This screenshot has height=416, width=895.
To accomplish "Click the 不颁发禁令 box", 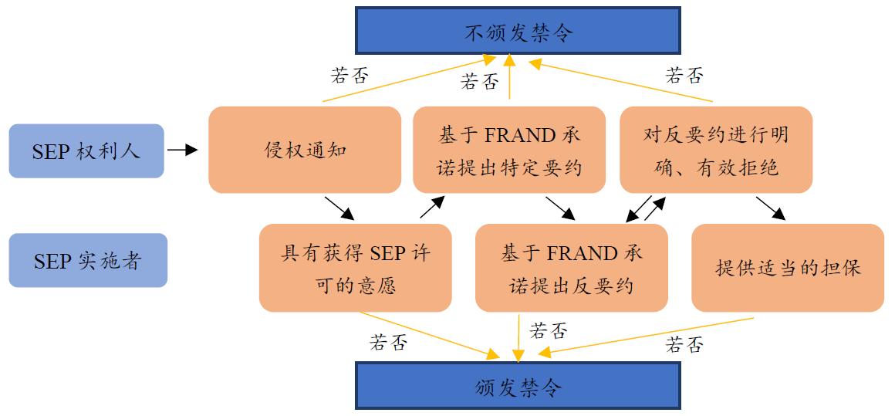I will (x=518, y=32).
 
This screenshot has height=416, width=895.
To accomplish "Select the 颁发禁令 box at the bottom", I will (x=518, y=386).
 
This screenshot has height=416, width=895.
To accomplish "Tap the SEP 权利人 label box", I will (x=86, y=151).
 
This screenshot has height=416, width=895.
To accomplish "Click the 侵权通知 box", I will (x=305, y=150).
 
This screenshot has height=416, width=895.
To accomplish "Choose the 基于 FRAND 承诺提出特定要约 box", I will (x=509, y=150).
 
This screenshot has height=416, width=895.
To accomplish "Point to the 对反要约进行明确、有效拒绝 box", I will (x=716, y=150).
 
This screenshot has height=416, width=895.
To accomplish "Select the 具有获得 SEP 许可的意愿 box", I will (x=356, y=268).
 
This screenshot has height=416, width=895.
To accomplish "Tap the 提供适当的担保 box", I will (x=788, y=268).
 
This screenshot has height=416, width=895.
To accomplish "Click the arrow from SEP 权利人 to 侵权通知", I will (x=183, y=151).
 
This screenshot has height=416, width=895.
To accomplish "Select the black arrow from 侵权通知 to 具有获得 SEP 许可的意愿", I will (x=339, y=208).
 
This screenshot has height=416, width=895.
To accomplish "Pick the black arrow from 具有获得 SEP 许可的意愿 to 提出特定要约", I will (x=433, y=208).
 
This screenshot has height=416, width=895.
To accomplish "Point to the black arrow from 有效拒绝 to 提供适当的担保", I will (x=771, y=208).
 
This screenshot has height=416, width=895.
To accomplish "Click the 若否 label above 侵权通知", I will (x=350, y=76).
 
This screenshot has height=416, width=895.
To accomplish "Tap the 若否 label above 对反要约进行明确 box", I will (x=684, y=76).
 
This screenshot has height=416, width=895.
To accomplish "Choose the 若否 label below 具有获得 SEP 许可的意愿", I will (x=388, y=342).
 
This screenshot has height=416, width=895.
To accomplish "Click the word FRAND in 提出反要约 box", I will (x=583, y=254).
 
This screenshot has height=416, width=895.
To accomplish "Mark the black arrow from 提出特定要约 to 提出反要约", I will (x=561, y=208).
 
